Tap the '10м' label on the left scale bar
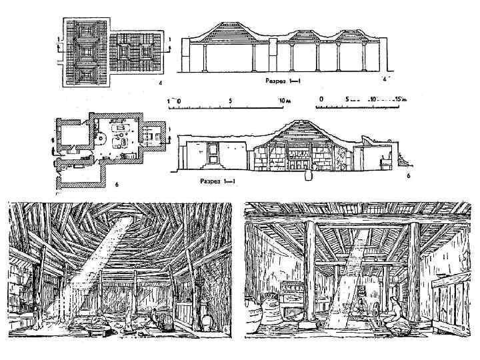click(x=285, y=101)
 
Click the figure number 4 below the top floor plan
click(x=161, y=83)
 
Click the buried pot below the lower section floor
click(x=308, y=176)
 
